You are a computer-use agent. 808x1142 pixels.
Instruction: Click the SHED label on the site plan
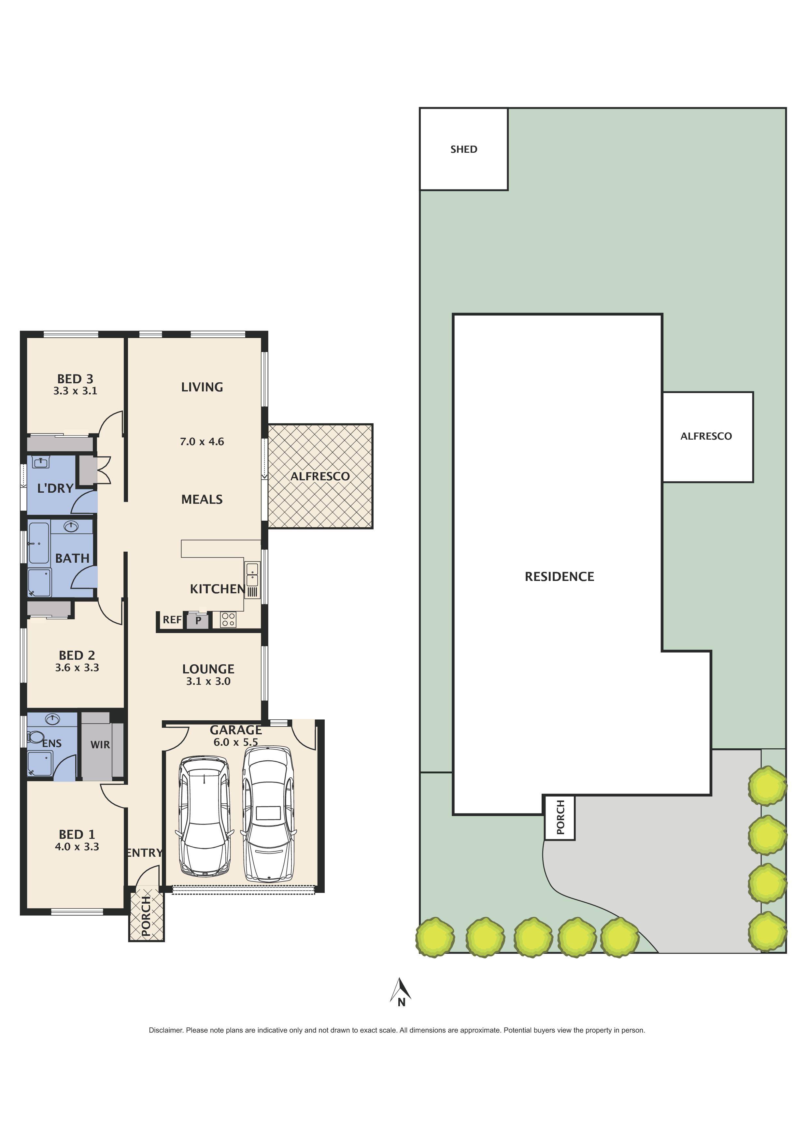[463, 149]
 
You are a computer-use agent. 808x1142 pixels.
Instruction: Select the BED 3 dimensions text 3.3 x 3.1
[75, 391]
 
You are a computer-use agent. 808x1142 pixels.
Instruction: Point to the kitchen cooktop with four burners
[228, 620]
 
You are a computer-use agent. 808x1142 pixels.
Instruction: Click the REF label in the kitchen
[172, 620]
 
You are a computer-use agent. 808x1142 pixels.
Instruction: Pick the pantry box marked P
[198, 620]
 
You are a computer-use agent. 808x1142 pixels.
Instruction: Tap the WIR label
[100, 745]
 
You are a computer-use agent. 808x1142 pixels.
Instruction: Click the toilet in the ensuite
[35, 737]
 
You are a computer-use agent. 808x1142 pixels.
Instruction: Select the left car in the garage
[205, 817]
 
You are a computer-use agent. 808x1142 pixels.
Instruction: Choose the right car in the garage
[268, 814]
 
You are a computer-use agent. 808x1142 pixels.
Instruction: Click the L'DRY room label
[55, 488]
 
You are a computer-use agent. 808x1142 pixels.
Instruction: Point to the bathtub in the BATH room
[38, 542]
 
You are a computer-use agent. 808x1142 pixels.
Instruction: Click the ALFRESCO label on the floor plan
[320, 476]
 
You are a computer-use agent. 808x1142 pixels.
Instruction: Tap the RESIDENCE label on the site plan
[559, 576]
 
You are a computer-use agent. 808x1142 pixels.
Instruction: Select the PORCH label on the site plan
[560, 817]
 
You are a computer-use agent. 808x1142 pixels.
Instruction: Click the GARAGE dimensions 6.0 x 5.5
[235, 742]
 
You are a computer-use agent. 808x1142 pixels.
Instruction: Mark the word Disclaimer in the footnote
[166, 1030]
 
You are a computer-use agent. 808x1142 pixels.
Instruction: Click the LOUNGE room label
[208, 669]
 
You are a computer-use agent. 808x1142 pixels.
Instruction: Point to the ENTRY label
[144, 853]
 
